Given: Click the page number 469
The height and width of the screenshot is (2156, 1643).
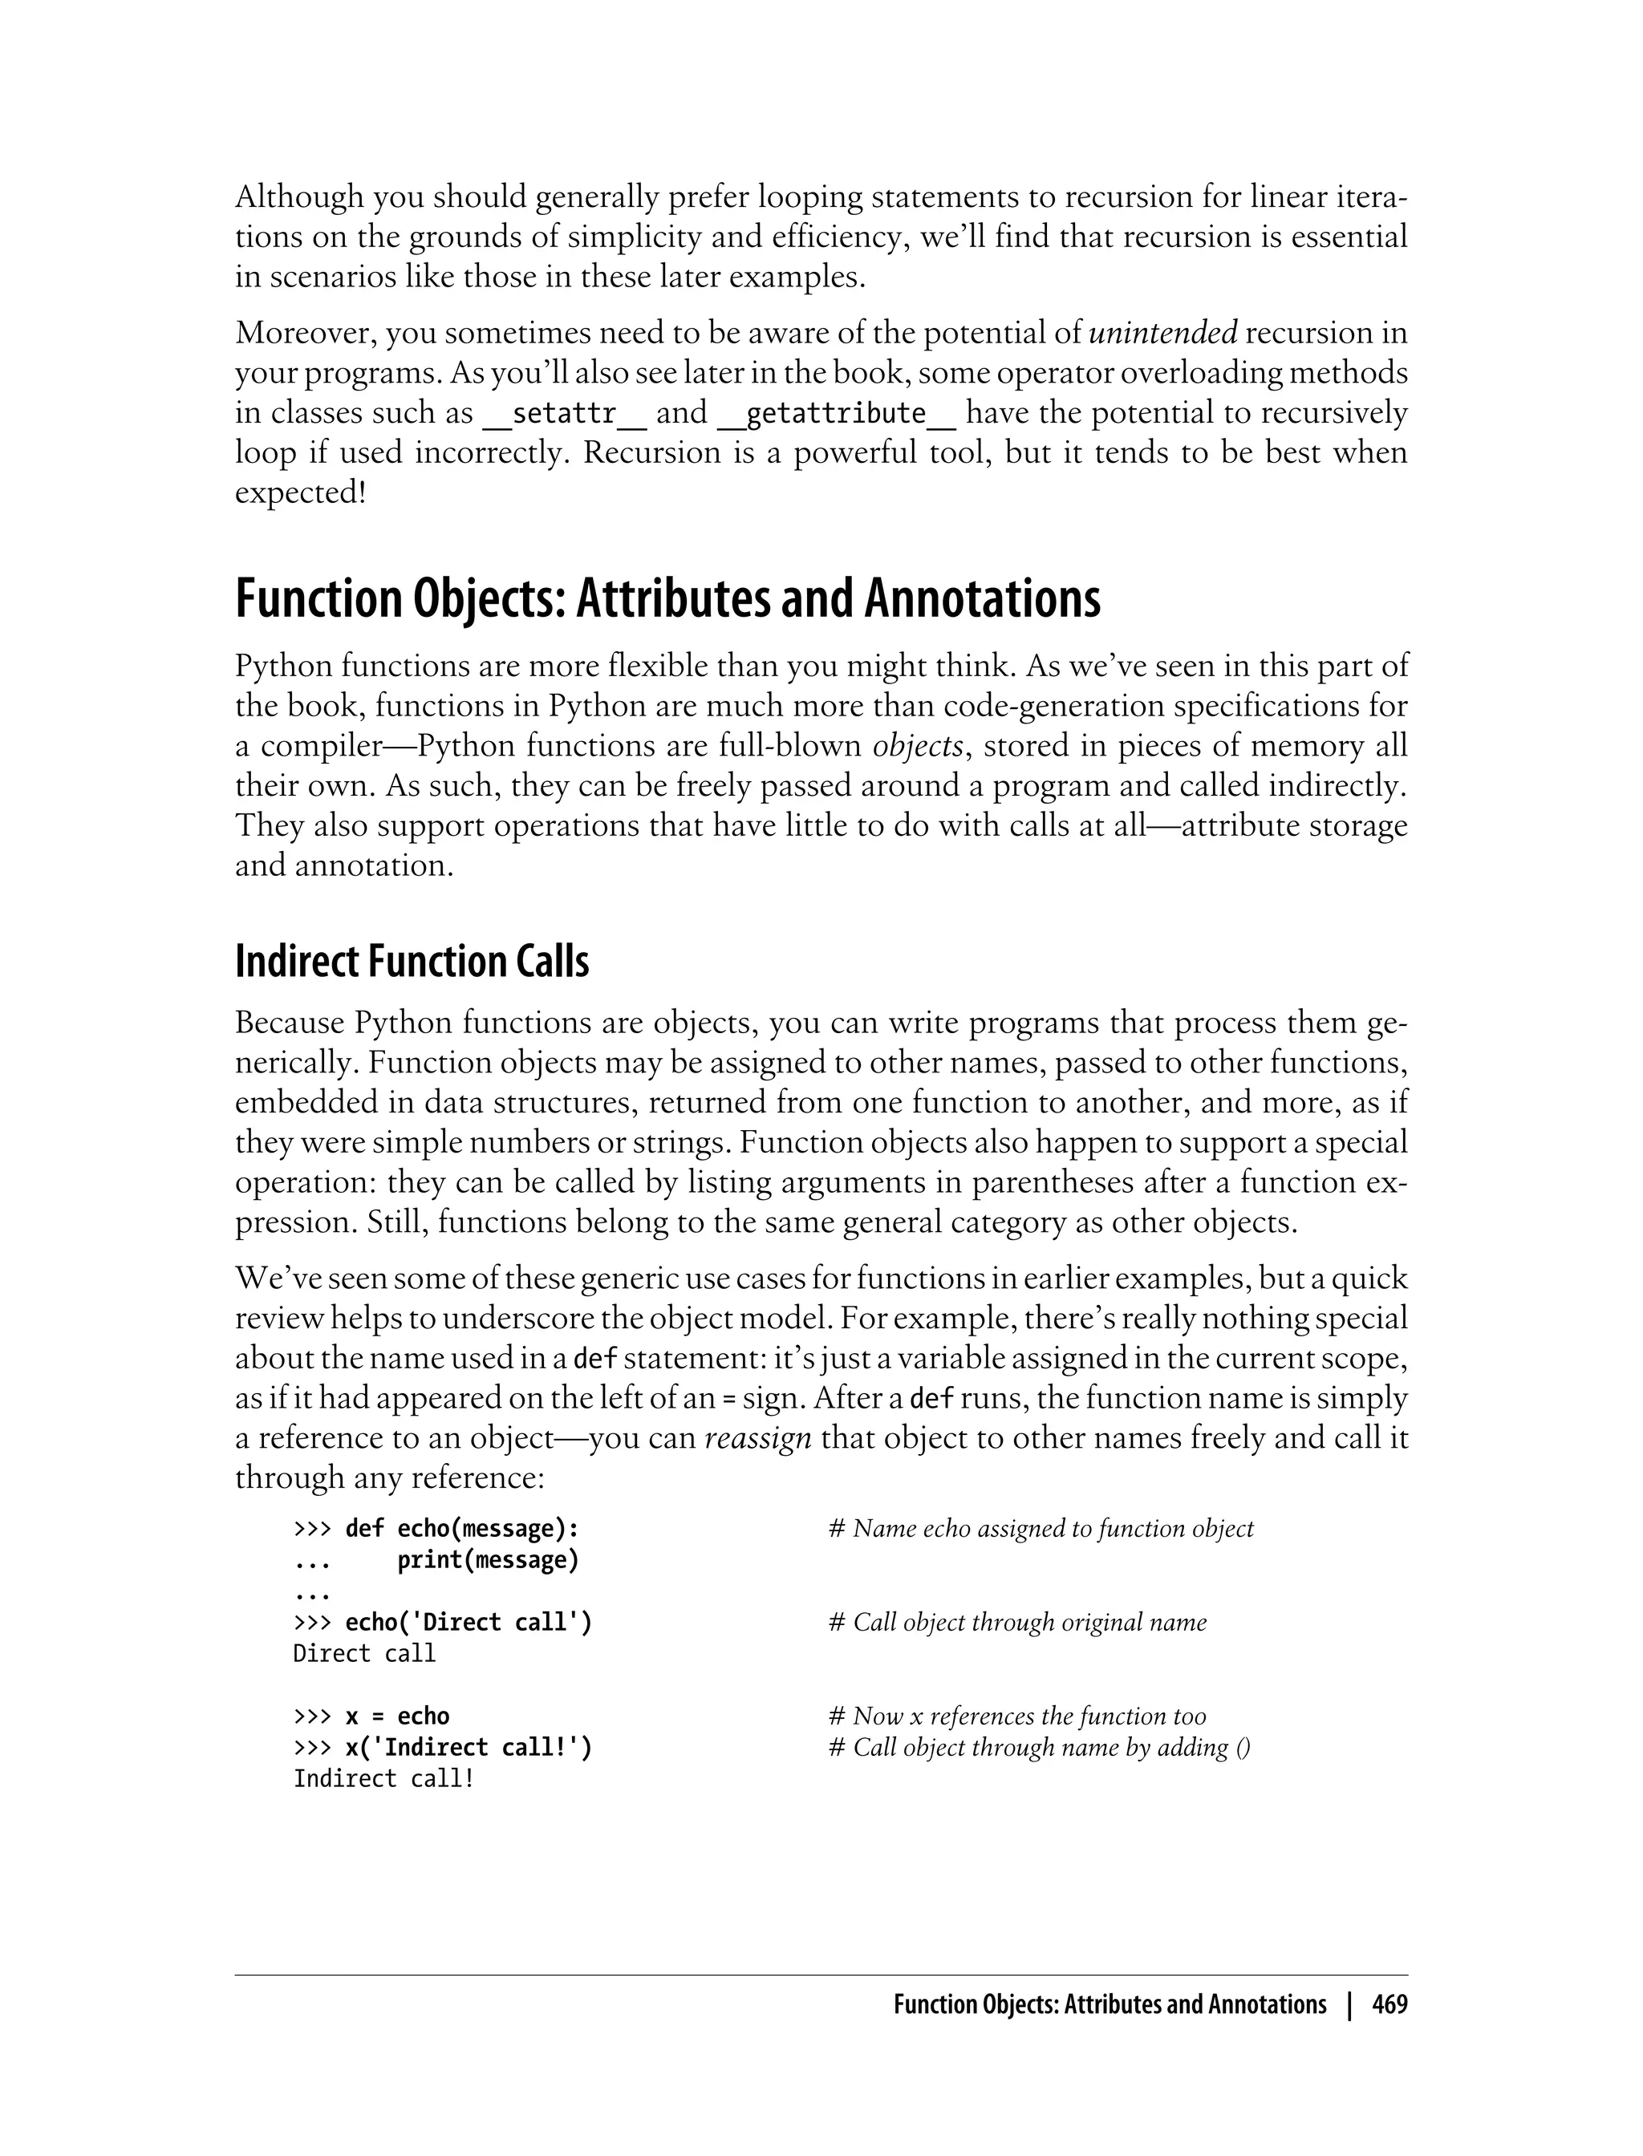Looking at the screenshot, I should [x=1389, y=2005].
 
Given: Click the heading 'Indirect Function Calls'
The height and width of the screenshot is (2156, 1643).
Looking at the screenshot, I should [x=412, y=962].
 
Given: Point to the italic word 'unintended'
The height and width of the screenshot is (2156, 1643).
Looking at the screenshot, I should [x=1162, y=334].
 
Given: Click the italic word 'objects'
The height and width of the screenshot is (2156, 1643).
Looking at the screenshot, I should [x=917, y=746].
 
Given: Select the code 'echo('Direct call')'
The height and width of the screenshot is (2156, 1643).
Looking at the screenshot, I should [x=469, y=1622].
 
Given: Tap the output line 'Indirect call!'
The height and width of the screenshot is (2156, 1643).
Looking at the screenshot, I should [x=383, y=1778].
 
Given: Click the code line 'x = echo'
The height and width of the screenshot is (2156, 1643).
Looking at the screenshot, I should [x=397, y=1716].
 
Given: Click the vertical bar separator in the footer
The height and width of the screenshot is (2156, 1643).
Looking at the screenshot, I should [x=1349, y=2005].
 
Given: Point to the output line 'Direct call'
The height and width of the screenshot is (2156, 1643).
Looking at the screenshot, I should [x=363, y=1653].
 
